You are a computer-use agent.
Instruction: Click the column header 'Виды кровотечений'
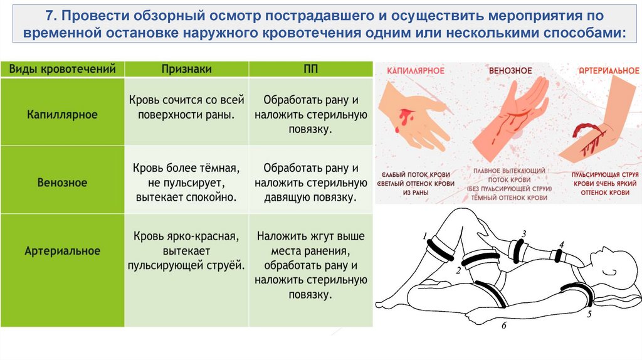point(62,68)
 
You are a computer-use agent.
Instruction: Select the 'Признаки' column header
point(186,68)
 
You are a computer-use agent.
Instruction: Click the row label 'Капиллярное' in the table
point(62,115)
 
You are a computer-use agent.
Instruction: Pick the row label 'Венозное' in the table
point(62,183)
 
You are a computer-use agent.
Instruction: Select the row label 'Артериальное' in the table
point(62,250)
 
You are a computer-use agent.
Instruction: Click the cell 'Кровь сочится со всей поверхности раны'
point(186,107)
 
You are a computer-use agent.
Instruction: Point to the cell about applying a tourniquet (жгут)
point(311,265)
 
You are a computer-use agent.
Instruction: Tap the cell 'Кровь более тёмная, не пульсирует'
point(186,183)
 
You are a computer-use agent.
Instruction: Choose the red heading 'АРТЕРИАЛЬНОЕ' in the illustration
point(600,71)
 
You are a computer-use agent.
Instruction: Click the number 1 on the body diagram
point(425,236)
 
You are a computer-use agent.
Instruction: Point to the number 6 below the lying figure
point(503,326)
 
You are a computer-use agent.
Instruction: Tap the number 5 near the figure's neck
point(589,315)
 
